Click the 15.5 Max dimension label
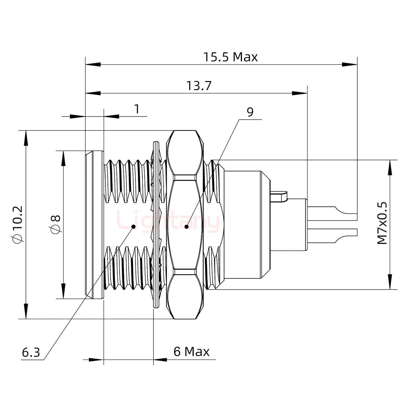pos(230,57)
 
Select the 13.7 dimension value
pos(199,86)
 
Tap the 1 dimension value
pos(137,109)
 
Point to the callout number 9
pos(250,112)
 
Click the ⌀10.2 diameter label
pos(17,225)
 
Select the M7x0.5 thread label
pos(382,223)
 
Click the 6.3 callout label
pos(31,353)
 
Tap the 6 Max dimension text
pos(191,352)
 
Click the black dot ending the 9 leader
pos(186,227)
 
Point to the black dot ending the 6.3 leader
pos(133,227)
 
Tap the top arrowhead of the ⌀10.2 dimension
pos(26,138)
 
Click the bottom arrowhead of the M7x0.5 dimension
pos(390,282)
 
